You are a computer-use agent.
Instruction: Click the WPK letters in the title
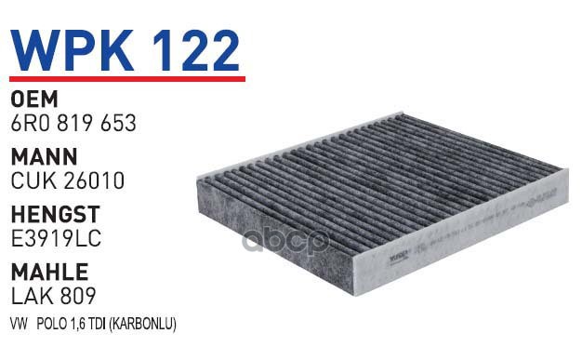pyautogui.click(x=72, y=50)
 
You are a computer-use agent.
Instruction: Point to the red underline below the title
pyautogui.click(x=127, y=79)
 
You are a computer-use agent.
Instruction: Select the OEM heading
pyautogui.click(x=34, y=100)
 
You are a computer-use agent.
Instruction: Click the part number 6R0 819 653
pyautogui.click(x=73, y=123)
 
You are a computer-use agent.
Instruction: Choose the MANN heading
pyautogui.click(x=45, y=156)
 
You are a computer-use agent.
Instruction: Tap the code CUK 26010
pyautogui.click(x=68, y=180)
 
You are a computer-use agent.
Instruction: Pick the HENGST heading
pyautogui.click(x=56, y=214)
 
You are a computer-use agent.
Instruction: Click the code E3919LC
pyautogui.click(x=56, y=238)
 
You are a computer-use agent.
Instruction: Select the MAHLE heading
pyautogui.click(x=49, y=272)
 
